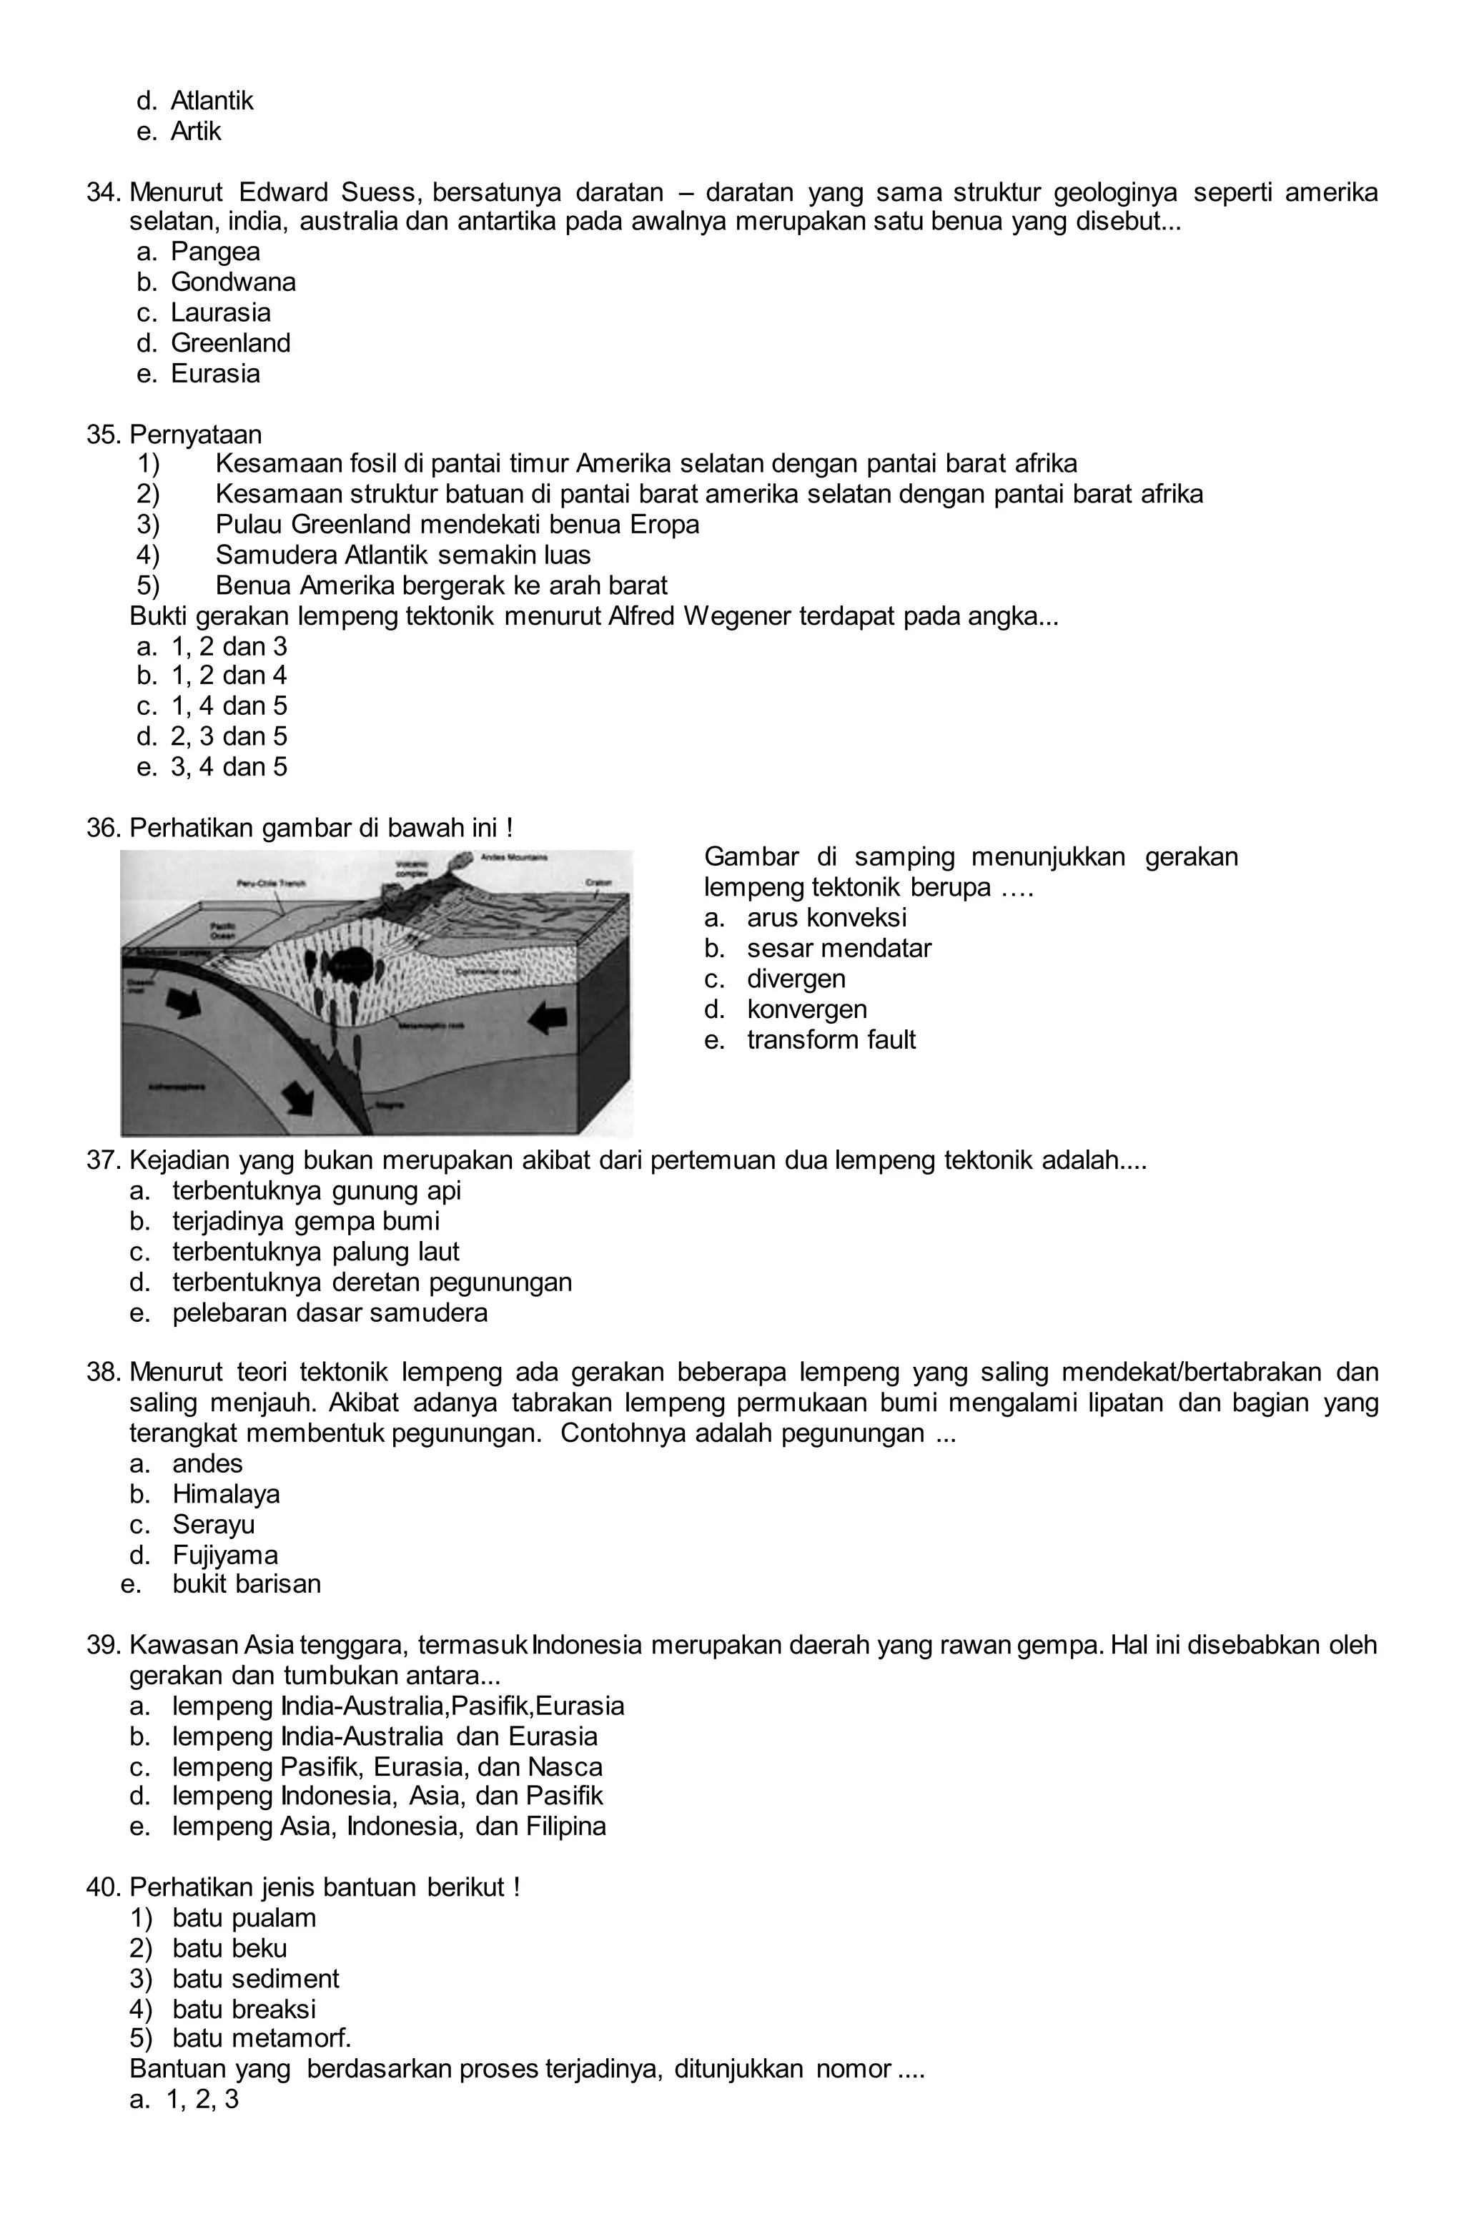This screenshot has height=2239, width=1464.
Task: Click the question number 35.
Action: pyautogui.click(x=104, y=435)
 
